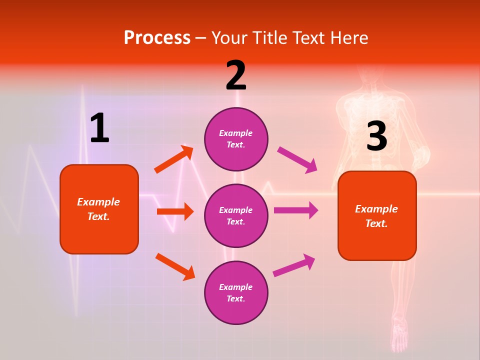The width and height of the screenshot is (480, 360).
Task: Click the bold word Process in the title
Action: (157, 37)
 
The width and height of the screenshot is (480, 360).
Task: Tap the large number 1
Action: (99, 128)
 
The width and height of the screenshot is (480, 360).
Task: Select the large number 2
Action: (236, 75)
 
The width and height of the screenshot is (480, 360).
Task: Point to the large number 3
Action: (376, 136)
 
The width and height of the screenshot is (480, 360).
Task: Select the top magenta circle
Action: (236, 139)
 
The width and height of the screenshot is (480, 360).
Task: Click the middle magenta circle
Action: (236, 215)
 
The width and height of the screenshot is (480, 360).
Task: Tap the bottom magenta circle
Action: (236, 292)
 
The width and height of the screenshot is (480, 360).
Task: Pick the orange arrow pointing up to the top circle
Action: (173, 159)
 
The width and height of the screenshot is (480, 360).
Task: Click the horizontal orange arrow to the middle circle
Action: (175, 211)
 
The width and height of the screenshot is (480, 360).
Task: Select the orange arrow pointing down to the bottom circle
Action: (175, 266)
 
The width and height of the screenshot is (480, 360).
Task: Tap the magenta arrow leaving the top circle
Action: (297, 159)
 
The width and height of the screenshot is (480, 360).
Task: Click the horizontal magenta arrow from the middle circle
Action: (296, 210)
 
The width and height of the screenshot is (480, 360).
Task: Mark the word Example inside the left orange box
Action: (98, 202)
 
